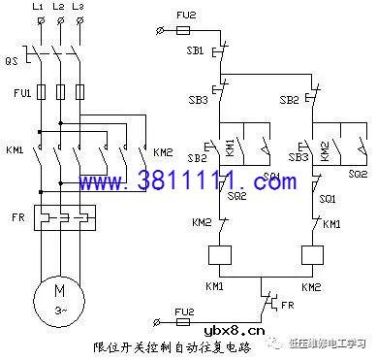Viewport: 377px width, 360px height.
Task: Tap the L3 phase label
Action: pyautogui.click(x=77, y=7)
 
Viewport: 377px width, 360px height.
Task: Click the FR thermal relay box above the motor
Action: pyautogui.click(x=58, y=216)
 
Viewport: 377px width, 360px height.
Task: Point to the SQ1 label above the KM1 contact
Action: pyautogui.click(x=327, y=198)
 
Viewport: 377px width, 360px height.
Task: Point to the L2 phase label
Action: pyautogui.click(x=57, y=7)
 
